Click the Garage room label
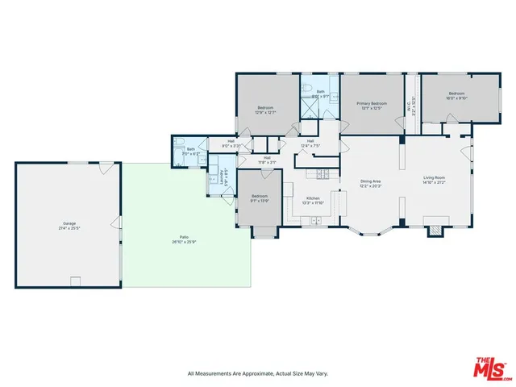[x=69, y=225]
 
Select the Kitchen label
[x=312, y=200]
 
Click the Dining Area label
[x=371, y=183]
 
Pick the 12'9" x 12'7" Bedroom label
[x=265, y=110]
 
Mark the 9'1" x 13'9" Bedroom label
[x=259, y=198]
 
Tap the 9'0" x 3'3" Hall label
[x=232, y=144]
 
